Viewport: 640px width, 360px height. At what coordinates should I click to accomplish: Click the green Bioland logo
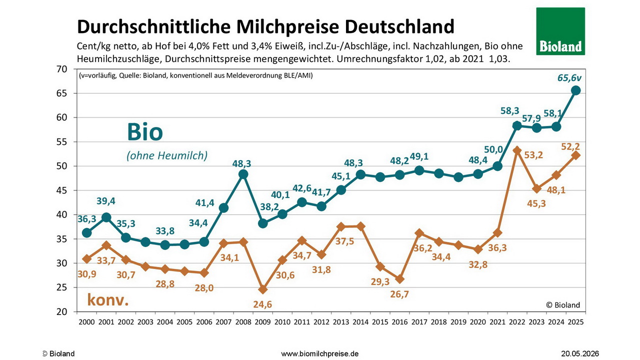point(560,31)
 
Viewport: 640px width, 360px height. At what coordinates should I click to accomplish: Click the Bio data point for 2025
point(575,90)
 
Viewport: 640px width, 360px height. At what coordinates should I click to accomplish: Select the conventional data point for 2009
point(262,289)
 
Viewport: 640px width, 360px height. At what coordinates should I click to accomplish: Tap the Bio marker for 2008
point(243,174)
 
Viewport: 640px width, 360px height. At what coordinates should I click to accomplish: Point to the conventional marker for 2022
point(517,150)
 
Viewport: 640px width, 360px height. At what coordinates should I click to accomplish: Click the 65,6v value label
point(569,77)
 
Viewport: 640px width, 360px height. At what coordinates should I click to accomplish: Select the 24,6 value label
point(262,304)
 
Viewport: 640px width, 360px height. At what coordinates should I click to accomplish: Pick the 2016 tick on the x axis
point(399,322)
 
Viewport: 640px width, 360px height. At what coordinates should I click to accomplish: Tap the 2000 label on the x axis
point(86,322)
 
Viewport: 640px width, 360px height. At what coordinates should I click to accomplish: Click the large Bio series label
point(145,131)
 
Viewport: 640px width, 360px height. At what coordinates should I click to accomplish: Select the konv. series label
point(108,299)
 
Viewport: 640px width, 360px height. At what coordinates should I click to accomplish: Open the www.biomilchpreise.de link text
point(319,353)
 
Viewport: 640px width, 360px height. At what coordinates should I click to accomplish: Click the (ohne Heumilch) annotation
point(167,155)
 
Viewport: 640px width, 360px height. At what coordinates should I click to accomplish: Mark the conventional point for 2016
point(399,279)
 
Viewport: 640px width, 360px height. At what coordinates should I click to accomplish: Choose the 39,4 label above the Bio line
point(105,201)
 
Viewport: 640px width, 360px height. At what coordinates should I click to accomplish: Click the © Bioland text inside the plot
point(563,305)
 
